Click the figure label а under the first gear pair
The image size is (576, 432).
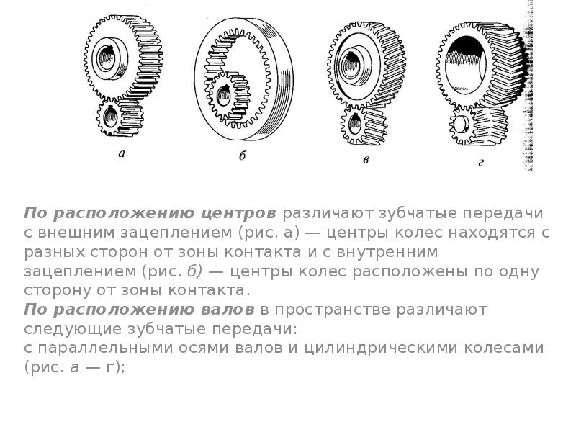click(x=122, y=153)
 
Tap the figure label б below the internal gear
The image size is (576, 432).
click(x=242, y=156)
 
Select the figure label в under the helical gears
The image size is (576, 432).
click(x=366, y=160)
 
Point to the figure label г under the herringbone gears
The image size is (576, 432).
click(x=481, y=163)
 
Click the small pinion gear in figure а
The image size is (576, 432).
click(x=120, y=117)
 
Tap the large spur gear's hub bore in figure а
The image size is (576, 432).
click(x=107, y=58)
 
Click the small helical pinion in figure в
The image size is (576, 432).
click(x=363, y=124)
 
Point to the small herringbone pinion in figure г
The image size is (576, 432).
click(x=477, y=125)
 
